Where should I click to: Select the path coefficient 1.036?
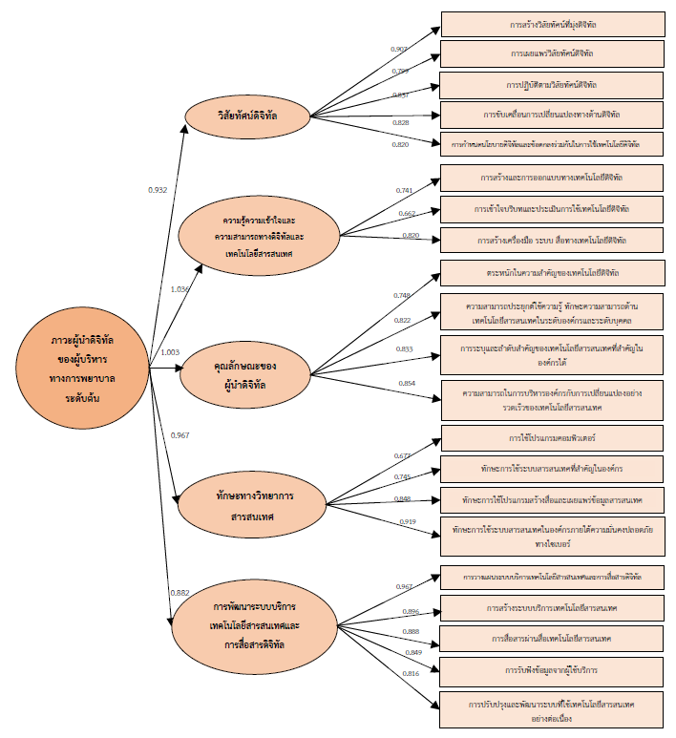click(180, 288)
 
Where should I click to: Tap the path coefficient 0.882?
click(180, 593)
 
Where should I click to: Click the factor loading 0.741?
click(404, 191)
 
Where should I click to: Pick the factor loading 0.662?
click(406, 214)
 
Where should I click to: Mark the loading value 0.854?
click(408, 383)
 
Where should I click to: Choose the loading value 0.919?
click(407, 521)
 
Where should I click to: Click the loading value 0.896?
click(412, 611)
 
